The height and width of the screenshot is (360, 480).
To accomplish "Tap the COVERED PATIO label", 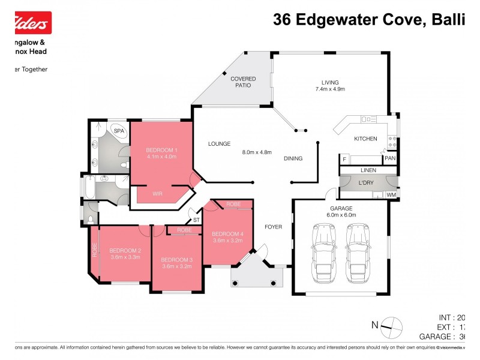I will (x=243, y=82).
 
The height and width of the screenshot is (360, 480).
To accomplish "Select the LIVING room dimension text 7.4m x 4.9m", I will (x=330, y=89).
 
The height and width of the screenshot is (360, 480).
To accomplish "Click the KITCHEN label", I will (x=365, y=139).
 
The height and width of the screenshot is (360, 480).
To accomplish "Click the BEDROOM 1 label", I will (x=161, y=149).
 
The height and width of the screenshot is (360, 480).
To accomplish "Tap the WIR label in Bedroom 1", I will (x=157, y=194).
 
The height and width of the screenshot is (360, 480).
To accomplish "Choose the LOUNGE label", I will (x=220, y=144).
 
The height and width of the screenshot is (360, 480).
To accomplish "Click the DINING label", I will (x=293, y=158).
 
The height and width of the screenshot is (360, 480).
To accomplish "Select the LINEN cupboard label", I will (x=368, y=171).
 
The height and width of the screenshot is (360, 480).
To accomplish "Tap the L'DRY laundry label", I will (x=366, y=182).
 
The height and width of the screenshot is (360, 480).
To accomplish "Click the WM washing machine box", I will (x=391, y=194).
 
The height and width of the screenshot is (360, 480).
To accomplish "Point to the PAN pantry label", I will (x=389, y=158).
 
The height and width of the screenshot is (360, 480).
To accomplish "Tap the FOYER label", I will (x=273, y=227).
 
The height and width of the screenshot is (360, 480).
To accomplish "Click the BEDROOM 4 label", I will (x=227, y=233).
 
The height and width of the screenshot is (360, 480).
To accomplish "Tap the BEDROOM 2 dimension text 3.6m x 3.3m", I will (x=125, y=257).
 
